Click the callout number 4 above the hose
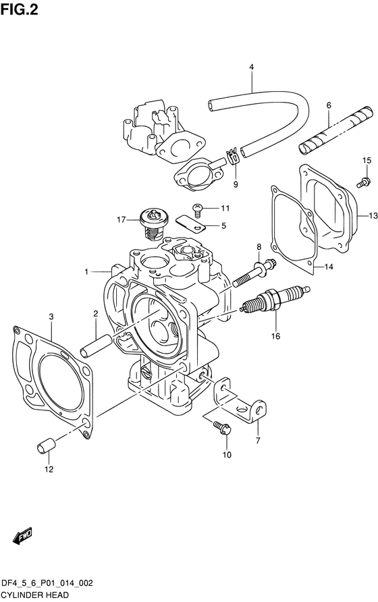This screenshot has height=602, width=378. click(x=251, y=67)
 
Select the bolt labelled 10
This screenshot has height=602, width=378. click(x=221, y=426)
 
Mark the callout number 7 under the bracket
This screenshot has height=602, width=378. click(x=258, y=441)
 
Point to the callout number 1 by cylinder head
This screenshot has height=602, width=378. click(x=87, y=272)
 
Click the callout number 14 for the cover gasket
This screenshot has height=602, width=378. click(x=328, y=267)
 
